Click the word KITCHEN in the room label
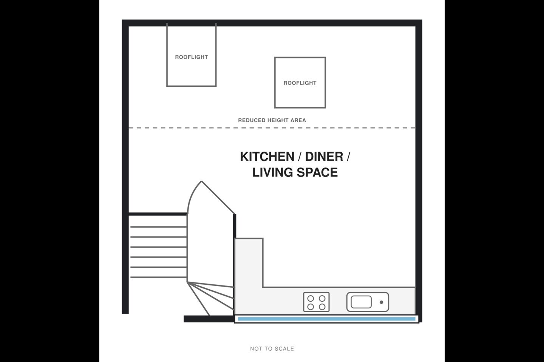pos(267,156)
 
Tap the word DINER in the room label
pos(324,156)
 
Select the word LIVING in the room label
pos(272,172)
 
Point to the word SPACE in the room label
pos(317,172)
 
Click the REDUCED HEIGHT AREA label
pos(272,120)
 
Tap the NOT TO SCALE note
pos(272,349)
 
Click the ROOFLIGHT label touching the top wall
pos(192,57)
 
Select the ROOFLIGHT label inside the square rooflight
pos(300,83)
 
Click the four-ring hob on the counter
pos(316,302)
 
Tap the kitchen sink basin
pos(361,302)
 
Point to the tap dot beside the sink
pos(381,302)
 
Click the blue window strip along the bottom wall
pos(327,319)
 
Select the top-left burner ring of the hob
pos(311,298)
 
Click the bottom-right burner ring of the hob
pos(322,307)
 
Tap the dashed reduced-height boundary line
pos(272,128)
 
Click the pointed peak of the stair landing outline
pos(201,181)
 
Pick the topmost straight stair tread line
pos(158,227)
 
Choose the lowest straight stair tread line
pos(158,277)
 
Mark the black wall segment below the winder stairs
pos(209,319)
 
